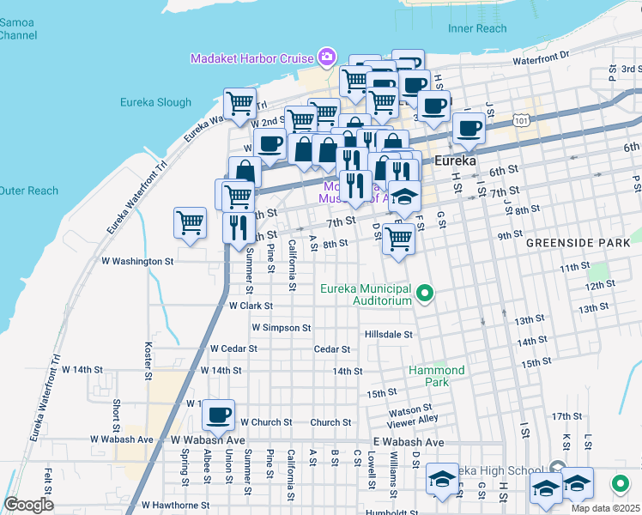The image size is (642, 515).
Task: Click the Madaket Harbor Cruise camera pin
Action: tap(326, 58)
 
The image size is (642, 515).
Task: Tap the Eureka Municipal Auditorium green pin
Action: tap(424, 296)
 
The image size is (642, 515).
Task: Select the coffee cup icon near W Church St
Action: tap(218, 415)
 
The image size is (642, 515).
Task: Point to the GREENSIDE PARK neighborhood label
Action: tap(578, 244)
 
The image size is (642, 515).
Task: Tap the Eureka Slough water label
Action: tap(156, 103)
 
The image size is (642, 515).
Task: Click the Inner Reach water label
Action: tap(477, 28)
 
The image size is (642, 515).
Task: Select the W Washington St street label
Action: tap(137, 261)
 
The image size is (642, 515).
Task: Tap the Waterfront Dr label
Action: tap(542, 58)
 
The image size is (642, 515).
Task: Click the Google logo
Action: tap(28, 505)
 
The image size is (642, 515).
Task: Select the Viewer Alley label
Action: tap(413, 419)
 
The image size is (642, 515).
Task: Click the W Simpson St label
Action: tap(281, 328)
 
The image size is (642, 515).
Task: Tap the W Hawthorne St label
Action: tap(175, 506)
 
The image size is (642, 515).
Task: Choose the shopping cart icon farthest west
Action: tap(189, 223)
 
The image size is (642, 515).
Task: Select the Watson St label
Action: tap(409, 409)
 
